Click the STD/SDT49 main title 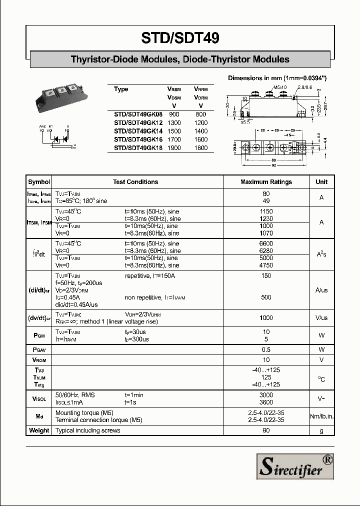point(180,39)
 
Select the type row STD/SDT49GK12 point(138,122)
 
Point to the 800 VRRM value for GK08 point(200,114)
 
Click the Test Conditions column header point(135,182)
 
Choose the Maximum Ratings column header point(266,182)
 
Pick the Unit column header point(321,182)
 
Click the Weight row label point(39,430)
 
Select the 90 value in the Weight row point(266,430)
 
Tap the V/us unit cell point(321,317)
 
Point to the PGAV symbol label point(39,349)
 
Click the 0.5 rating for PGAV point(266,349)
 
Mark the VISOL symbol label point(39,398)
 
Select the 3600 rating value point(266,402)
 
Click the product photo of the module point(58,96)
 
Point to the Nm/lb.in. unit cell point(321,416)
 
